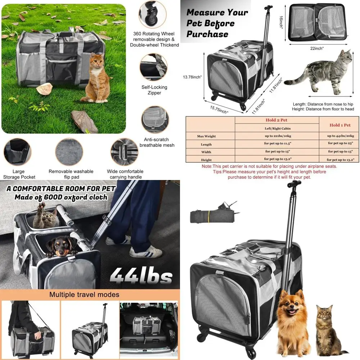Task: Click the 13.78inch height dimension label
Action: (x=192, y=77)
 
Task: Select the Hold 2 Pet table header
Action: (x=276, y=120)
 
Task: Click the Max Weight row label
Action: (x=206, y=136)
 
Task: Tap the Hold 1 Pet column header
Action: (x=339, y=125)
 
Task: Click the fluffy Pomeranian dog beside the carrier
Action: (x=293, y=323)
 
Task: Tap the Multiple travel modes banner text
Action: (x=89, y=294)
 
